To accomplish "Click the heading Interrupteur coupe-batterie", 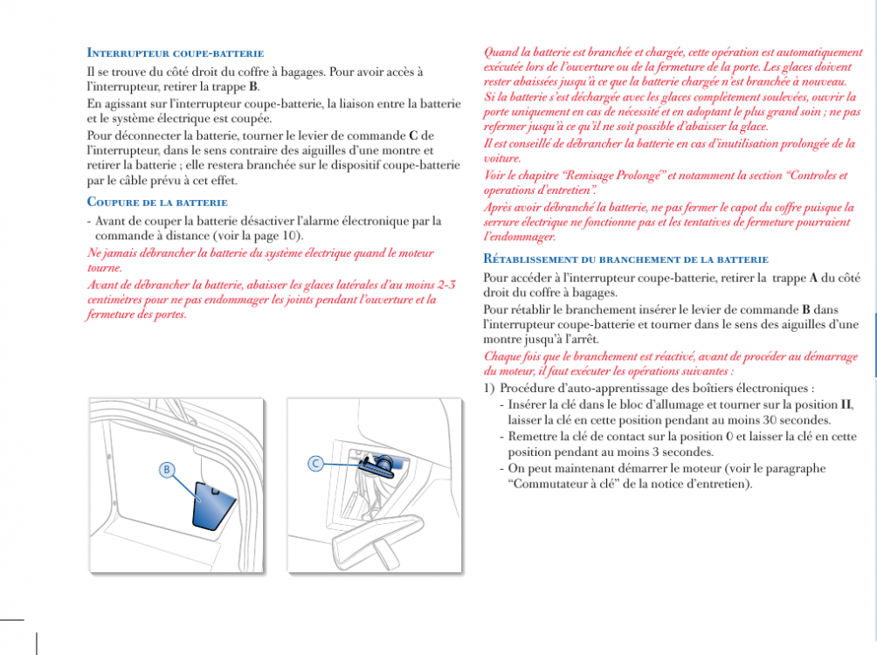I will click(x=176, y=54).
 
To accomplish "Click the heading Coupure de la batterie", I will click(x=157, y=203).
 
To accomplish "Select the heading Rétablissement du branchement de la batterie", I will click(x=625, y=259).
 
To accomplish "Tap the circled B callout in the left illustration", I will click(x=165, y=470).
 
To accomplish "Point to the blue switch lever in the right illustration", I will click(x=384, y=463).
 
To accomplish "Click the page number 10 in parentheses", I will click(x=291, y=236).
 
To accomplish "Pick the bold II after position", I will click(x=846, y=404).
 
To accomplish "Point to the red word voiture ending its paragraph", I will click(x=502, y=159).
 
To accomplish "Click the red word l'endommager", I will click(x=520, y=237).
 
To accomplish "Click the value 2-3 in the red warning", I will click(x=445, y=285).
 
